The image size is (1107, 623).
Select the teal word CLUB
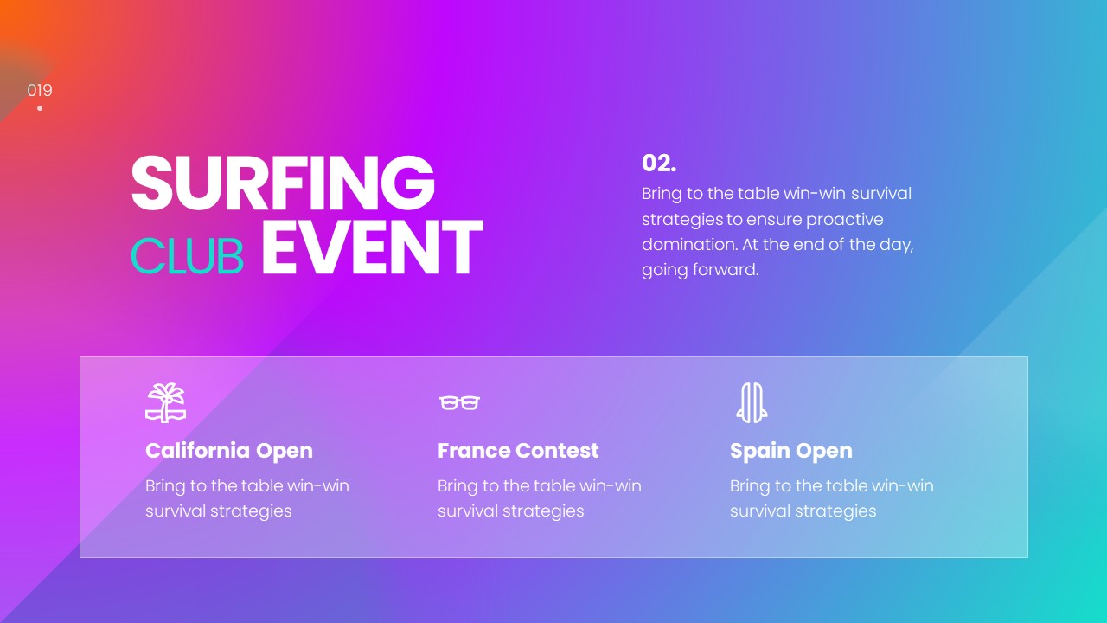pyautogui.click(x=187, y=256)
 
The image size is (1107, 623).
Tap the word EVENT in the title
pyautogui.click(x=371, y=248)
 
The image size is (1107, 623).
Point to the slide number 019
pyautogui.click(x=40, y=90)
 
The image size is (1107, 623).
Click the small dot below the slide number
pyautogui.click(x=40, y=108)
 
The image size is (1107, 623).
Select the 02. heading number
pyautogui.click(x=659, y=163)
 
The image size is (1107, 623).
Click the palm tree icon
pyautogui.click(x=165, y=402)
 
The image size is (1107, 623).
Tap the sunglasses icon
pyautogui.click(x=459, y=402)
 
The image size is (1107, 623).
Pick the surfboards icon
pyautogui.click(x=752, y=402)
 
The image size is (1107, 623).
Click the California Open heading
pyautogui.click(x=229, y=451)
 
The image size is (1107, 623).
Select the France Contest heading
pyautogui.click(x=518, y=451)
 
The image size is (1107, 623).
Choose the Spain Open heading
pyautogui.click(x=790, y=451)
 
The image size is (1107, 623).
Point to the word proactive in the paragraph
pyautogui.click(x=845, y=220)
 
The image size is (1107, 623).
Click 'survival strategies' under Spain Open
pyautogui.click(x=803, y=511)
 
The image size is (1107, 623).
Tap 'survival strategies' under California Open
pyautogui.click(x=218, y=511)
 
